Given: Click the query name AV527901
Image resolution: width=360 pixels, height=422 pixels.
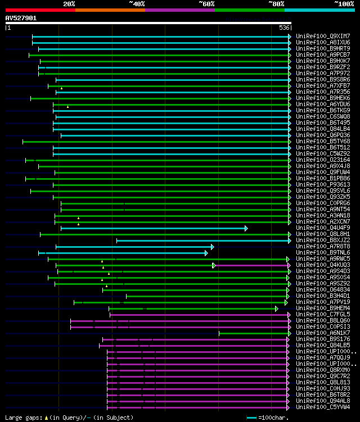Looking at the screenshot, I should [x=21, y=18].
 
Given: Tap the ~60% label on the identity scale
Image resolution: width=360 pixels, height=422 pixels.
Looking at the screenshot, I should [x=206, y=3].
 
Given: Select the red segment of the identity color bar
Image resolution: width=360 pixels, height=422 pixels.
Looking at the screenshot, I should [x=40, y=10].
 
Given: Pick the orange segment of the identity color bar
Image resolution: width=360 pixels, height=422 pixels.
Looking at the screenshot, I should [x=110, y=10].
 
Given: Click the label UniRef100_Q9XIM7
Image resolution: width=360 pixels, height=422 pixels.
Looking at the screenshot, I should [x=323, y=36].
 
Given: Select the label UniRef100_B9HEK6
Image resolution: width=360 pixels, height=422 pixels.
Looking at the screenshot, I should [x=323, y=98].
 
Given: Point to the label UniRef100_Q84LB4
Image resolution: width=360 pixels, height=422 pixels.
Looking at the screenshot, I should [x=323, y=129].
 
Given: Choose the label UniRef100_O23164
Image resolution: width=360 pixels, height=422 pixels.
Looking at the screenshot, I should [x=323, y=160].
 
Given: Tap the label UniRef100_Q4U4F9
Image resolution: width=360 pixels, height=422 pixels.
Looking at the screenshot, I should [x=323, y=228].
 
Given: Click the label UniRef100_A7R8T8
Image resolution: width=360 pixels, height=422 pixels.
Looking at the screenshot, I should [x=323, y=246].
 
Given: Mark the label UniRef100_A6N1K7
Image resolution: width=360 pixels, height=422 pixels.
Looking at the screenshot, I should [x=323, y=333].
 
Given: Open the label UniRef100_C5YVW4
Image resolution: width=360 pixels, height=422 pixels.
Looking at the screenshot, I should [x=323, y=407].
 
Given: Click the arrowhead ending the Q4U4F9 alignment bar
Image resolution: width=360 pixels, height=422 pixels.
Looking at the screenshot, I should [x=246, y=228].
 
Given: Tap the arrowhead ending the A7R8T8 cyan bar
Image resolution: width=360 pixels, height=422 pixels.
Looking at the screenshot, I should [x=212, y=247].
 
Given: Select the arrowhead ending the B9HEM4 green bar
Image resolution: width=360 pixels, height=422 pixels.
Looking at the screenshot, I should [x=276, y=308].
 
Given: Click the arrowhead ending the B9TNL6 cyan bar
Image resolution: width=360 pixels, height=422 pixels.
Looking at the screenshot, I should [x=206, y=253].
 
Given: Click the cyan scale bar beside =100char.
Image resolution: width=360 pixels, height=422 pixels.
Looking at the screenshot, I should [x=251, y=418].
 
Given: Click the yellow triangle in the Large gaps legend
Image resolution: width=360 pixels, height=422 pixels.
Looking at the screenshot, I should [x=46, y=418].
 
